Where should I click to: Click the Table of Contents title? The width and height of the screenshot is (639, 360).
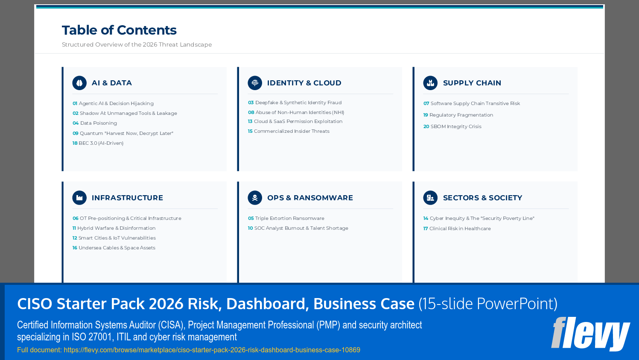(119, 30)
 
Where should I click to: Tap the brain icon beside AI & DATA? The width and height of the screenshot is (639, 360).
(79, 83)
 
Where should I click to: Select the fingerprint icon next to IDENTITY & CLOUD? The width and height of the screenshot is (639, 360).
(255, 83)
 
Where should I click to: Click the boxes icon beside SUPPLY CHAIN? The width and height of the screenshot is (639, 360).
(430, 83)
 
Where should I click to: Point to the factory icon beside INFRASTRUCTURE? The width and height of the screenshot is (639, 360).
(79, 198)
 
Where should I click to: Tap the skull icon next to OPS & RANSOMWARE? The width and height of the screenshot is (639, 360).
(255, 198)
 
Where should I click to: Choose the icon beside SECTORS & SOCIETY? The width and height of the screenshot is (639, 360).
(430, 198)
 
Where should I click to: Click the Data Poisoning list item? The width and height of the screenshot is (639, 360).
(95, 123)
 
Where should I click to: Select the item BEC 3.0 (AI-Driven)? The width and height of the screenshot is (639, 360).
(98, 143)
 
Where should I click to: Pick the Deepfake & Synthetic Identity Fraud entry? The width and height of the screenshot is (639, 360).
(295, 103)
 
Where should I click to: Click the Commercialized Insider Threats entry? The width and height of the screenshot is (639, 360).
(289, 132)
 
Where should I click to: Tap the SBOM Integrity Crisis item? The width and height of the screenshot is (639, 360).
(452, 127)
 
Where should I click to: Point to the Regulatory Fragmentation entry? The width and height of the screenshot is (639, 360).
(458, 115)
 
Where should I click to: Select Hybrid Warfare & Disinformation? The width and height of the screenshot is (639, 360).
(114, 228)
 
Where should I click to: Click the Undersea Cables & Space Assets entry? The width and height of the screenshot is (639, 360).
(114, 248)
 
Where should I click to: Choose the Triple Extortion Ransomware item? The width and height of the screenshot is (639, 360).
(286, 219)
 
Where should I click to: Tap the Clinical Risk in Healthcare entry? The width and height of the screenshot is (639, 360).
(457, 229)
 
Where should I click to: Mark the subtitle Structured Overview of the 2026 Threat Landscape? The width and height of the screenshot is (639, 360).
(137, 45)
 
